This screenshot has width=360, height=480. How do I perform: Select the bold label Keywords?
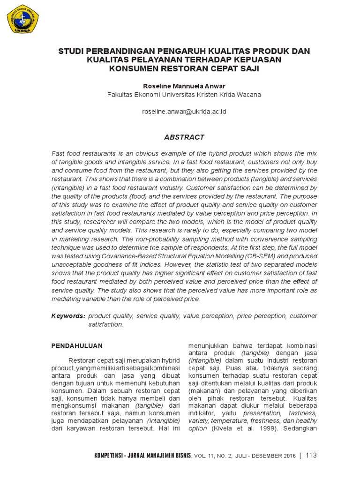tap(68, 316)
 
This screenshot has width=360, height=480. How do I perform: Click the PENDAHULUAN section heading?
tap(76, 345)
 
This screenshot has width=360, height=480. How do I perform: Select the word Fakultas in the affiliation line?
tap(119, 95)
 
